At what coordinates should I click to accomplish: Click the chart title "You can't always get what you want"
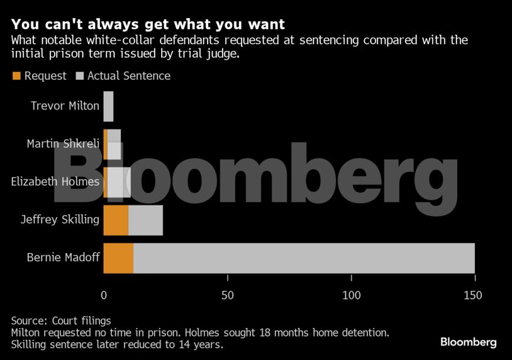[x=148, y=25]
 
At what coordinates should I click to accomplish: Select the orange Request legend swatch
[x=16, y=76]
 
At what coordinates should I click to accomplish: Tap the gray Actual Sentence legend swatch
[x=80, y=76]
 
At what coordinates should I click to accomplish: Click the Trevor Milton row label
[x=65, y=106]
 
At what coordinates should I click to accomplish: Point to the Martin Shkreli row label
[x=63, y=143]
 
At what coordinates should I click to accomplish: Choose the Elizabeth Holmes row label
[x=55, y=182]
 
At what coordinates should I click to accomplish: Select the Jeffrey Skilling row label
[x=60, y=220]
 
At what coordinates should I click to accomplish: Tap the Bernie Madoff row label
[x=63, y=257]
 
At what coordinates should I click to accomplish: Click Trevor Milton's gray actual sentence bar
[x=108, y=106]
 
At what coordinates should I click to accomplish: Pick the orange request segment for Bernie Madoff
[x=118, y=258]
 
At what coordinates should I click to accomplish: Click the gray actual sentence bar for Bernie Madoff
[x=304, y=258]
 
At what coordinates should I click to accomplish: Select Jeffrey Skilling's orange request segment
[x=116, y=220]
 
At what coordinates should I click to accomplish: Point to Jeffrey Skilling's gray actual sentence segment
[x=146, y=220]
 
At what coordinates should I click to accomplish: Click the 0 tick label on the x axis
[x=104, y=295]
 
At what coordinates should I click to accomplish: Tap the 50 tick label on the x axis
[x=227, y=295]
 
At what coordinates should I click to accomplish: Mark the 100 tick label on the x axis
[x=352, y=295]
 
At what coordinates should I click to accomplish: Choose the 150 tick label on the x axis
[x=473, y=295]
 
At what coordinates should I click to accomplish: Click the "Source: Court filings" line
[x=61, y=321]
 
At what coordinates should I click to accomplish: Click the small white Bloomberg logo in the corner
[x=468, y=342]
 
